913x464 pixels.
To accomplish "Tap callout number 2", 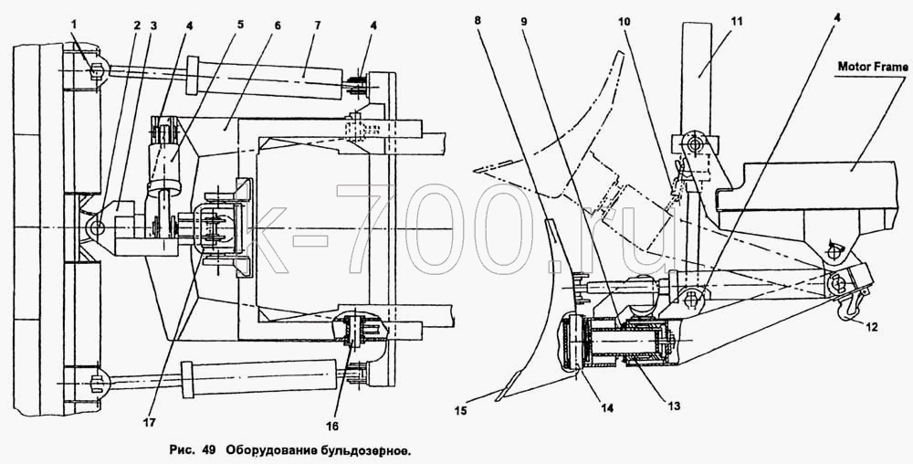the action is tap(137, 26).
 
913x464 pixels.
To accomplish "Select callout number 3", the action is tap(153, 26).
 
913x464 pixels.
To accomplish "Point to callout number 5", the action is tap(240, 26).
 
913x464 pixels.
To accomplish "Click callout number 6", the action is tap(277, 26).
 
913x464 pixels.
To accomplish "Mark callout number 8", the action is tap(477, 20).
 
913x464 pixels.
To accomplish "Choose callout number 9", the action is tap(524, 20).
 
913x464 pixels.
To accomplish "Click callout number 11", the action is tap(737, 20).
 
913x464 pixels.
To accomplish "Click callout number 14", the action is tap(607, 408).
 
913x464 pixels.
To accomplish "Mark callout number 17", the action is tap(150, 424).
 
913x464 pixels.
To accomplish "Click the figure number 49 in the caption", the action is tap(209, 449).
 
